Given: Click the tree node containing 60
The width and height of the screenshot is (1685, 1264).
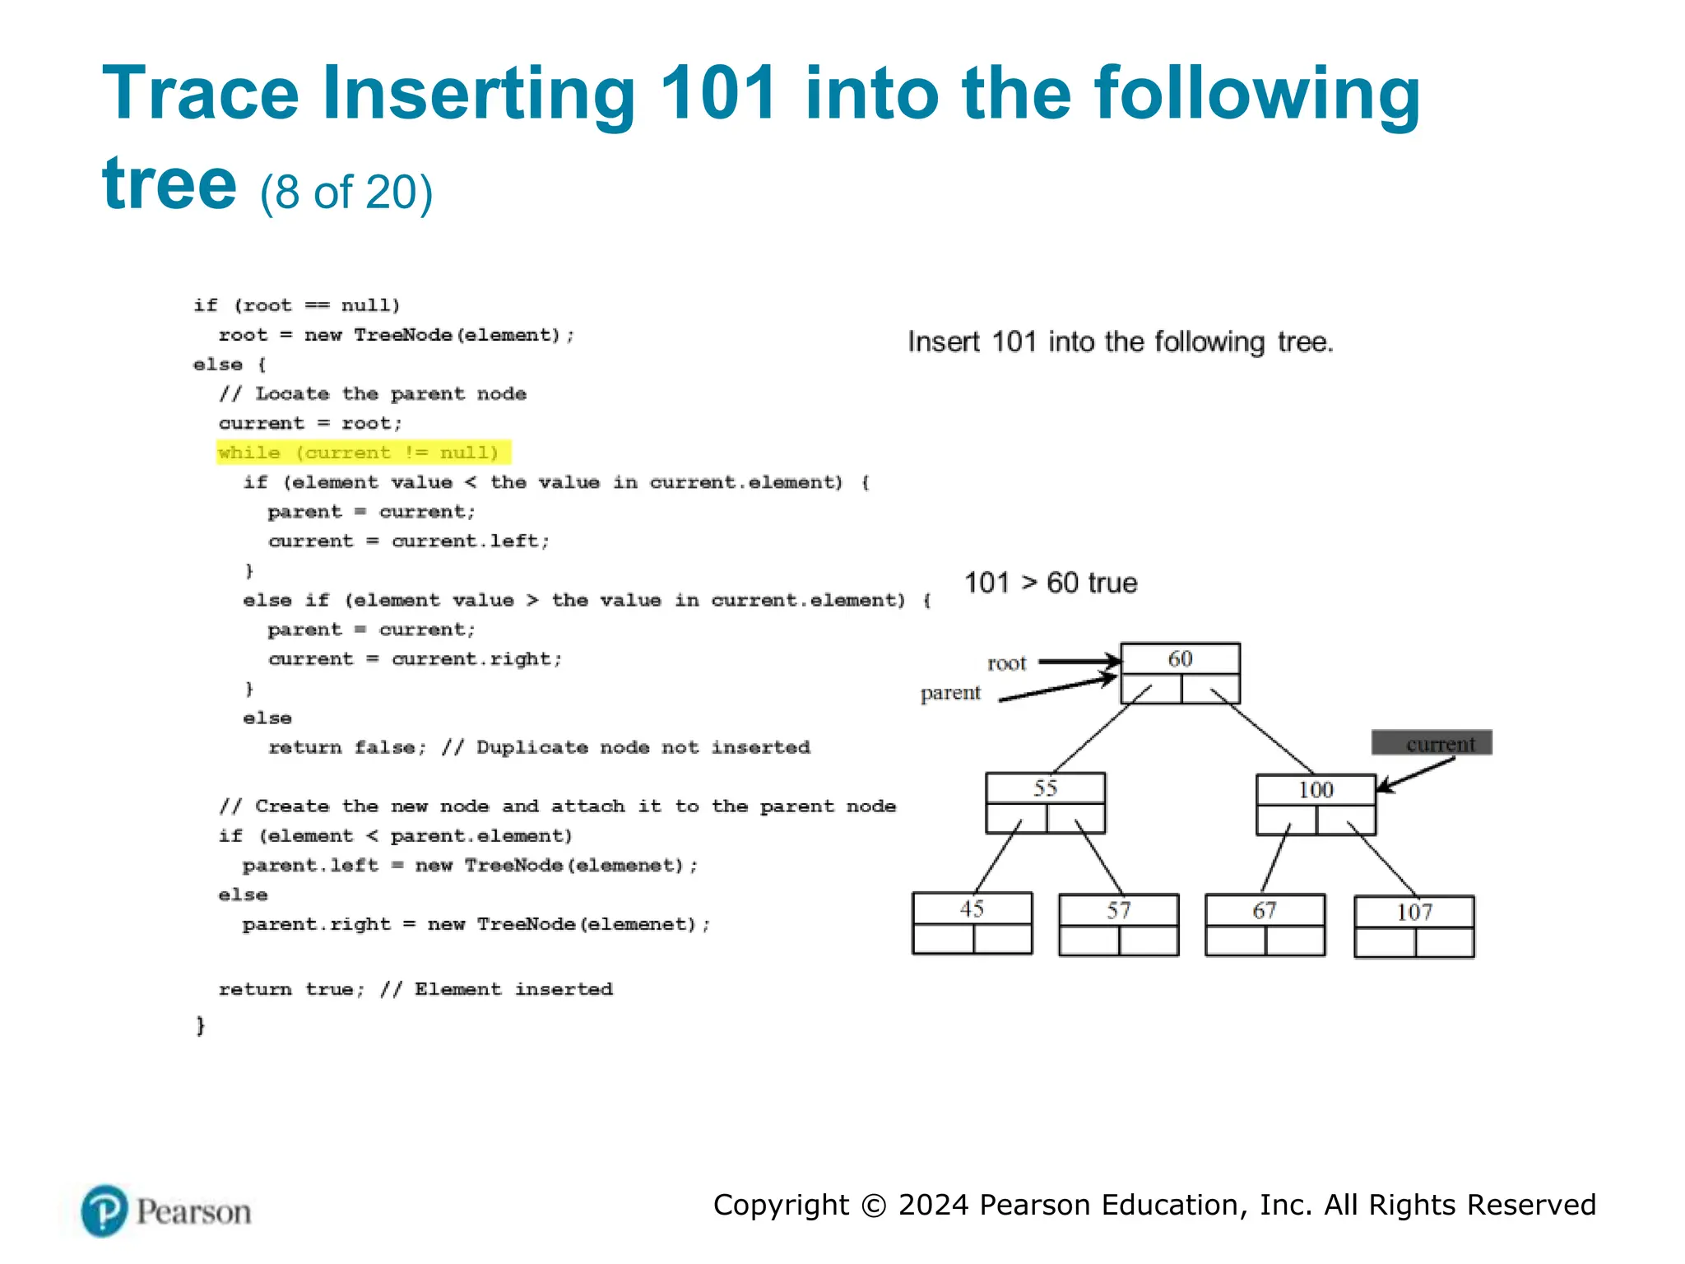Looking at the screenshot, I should tap(1180, 673).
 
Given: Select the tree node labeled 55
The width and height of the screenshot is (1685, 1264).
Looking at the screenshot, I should tap(1045, 802).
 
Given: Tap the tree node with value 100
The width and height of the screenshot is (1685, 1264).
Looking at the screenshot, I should tap(1316, 804).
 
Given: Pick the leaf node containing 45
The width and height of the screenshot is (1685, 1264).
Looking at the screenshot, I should tap(972, 922).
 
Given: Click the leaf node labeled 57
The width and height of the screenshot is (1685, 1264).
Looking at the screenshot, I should tap(1118, 924).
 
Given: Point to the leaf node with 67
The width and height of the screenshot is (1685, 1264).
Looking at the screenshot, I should tap(1265, 924).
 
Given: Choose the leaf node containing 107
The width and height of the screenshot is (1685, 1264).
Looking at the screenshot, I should tap(1413, 926).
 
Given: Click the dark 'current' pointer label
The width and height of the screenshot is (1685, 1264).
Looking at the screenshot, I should tap(1432, 743).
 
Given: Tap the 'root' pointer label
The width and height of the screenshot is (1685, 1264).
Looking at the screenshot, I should tap(1006, 663).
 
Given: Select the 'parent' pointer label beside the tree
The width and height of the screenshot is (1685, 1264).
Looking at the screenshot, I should tap(950, 693).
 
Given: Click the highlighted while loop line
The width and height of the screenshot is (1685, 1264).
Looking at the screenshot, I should tap(363, 453).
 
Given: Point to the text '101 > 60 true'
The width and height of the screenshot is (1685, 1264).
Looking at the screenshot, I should tap(1051, 583).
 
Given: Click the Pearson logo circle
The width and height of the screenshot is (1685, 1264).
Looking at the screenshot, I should tap(104, 1211).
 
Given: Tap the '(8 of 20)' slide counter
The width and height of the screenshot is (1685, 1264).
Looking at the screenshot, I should tap(346, 193).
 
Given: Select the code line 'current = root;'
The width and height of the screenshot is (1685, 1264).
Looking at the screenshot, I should tap(310, 423).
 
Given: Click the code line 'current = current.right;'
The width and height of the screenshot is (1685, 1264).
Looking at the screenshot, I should tap(415, 659).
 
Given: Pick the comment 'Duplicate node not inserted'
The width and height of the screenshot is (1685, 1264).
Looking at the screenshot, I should tap(643, 747).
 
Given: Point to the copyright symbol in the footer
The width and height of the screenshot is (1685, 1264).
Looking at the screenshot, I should tap(874, 1206).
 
